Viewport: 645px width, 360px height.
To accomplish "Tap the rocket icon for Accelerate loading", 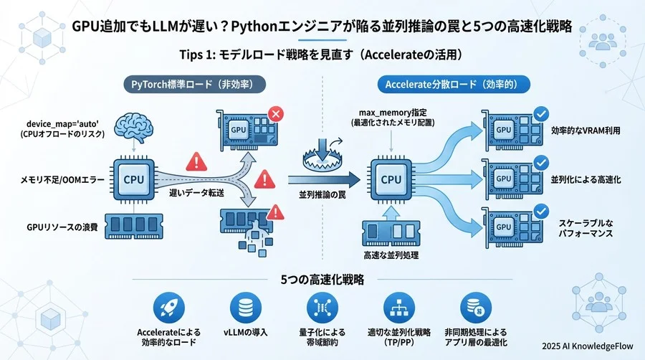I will pos(168,308).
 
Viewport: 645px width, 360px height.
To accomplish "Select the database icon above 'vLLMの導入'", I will pos(245,308).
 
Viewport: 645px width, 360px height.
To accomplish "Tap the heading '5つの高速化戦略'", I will pos(322,278).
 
